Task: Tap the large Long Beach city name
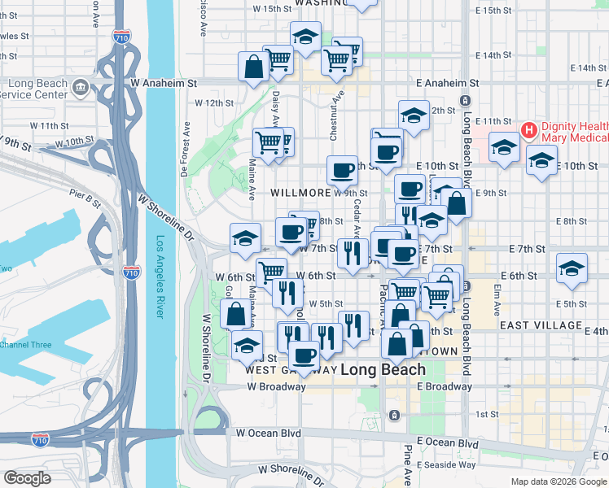point(382,369)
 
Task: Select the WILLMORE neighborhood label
point(300,194)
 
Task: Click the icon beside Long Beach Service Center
point(81,86)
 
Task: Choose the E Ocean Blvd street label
point(447,442)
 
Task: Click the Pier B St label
point(85,195)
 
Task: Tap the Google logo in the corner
point(27,478)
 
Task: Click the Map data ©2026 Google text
point(558,481)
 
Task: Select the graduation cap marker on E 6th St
point(572,268)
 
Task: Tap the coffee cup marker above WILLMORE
point(343,169)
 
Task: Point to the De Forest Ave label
point(186,149)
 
